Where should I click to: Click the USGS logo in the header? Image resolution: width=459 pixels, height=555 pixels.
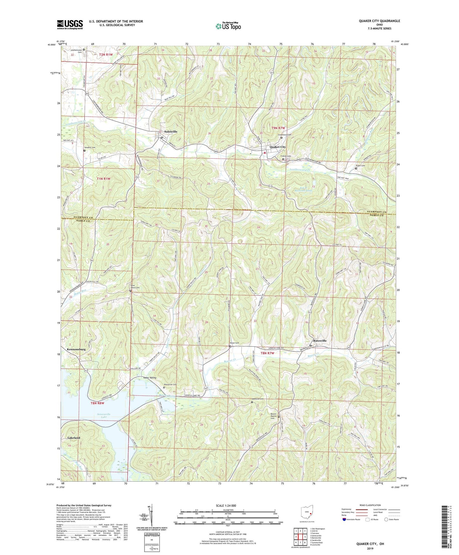tap(70, 24)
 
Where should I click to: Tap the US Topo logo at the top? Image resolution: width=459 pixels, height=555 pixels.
tap(228, 26)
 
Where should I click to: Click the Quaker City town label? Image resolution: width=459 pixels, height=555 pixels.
tap(278, 147)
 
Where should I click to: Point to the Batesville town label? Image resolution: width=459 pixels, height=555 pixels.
tap(320, 340)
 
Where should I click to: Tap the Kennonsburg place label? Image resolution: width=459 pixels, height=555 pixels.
tap(76, 349)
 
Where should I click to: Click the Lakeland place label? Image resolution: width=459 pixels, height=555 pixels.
tap(74, 438)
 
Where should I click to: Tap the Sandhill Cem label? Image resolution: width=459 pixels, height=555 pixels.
tap(89, 147)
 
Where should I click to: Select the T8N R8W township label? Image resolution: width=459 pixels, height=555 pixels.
tap(98, 403)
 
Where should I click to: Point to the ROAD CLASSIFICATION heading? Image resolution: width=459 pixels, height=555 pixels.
tap(370, 505)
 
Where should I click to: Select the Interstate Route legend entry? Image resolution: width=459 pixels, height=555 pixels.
tap(351, 519)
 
